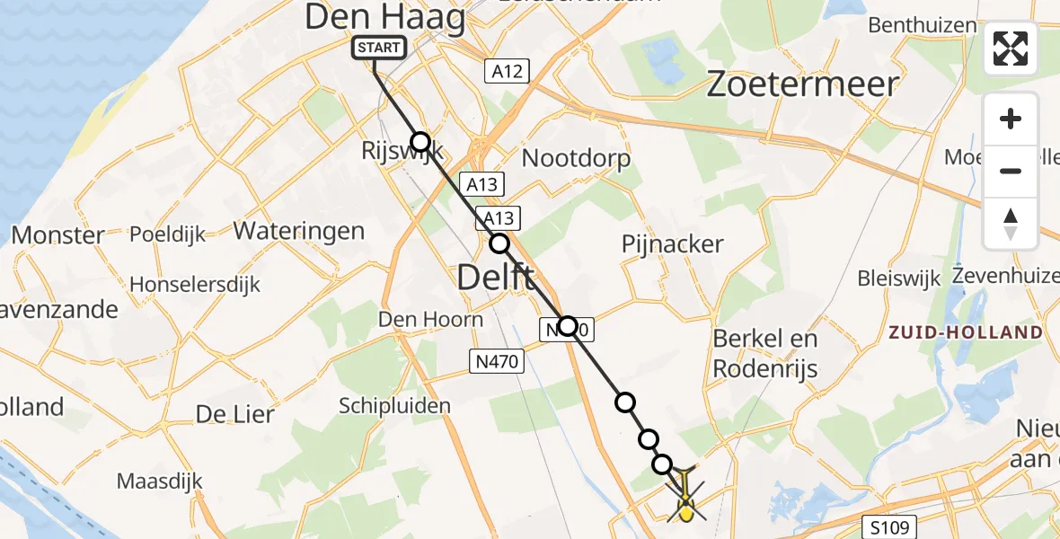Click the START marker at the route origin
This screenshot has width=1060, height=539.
pos(377,48)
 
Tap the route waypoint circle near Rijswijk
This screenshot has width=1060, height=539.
pos(420,141)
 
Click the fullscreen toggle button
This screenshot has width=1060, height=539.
pos(1011,49)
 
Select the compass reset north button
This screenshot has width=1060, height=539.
pos(1011,224)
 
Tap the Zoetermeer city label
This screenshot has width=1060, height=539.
pos(802,84)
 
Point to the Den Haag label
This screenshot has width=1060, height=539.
pos(384,17)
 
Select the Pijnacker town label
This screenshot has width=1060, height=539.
pos(672,243)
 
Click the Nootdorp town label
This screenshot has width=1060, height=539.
pos(576,159)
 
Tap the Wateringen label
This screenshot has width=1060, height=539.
pos(299,231)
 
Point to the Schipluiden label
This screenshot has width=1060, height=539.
pos(395,406)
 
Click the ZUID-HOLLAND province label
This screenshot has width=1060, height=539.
pos(965,332)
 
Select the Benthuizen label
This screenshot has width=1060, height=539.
pos(922,24)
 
